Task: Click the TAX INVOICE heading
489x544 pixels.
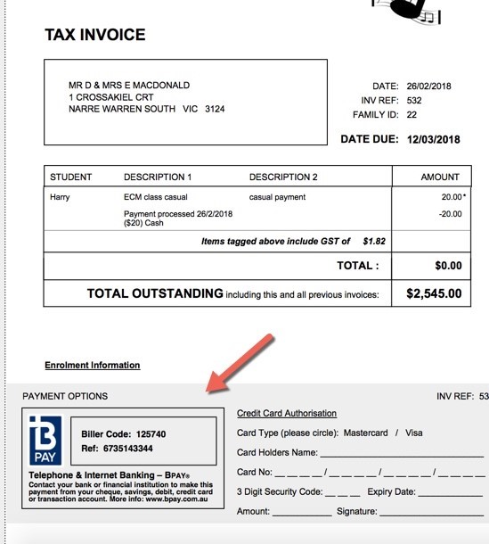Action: [x=94, y=36]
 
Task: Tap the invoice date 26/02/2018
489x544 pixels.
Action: [x=429, y=87]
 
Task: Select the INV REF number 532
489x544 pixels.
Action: [x=414, y=101]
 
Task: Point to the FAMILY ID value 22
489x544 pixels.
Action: [x=412, y=115]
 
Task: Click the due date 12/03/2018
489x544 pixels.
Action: [x=434, y=139]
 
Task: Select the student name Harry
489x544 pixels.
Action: [x=60, y=197]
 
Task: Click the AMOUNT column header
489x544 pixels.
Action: [x=440, y=177]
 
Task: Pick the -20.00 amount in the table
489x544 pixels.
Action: [x=450, y=214]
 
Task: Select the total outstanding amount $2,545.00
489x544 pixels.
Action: [x=434, y=293]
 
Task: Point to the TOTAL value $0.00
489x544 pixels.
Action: [x=448, y=266]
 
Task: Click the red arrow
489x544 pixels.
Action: [x=240, y=363]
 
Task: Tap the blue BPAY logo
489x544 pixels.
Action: [x=45, y=440]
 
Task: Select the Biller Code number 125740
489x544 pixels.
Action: [x=147, y=434]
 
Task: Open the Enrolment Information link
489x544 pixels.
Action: [x=92, y=365]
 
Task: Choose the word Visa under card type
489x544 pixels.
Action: [x=413, y=433]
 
